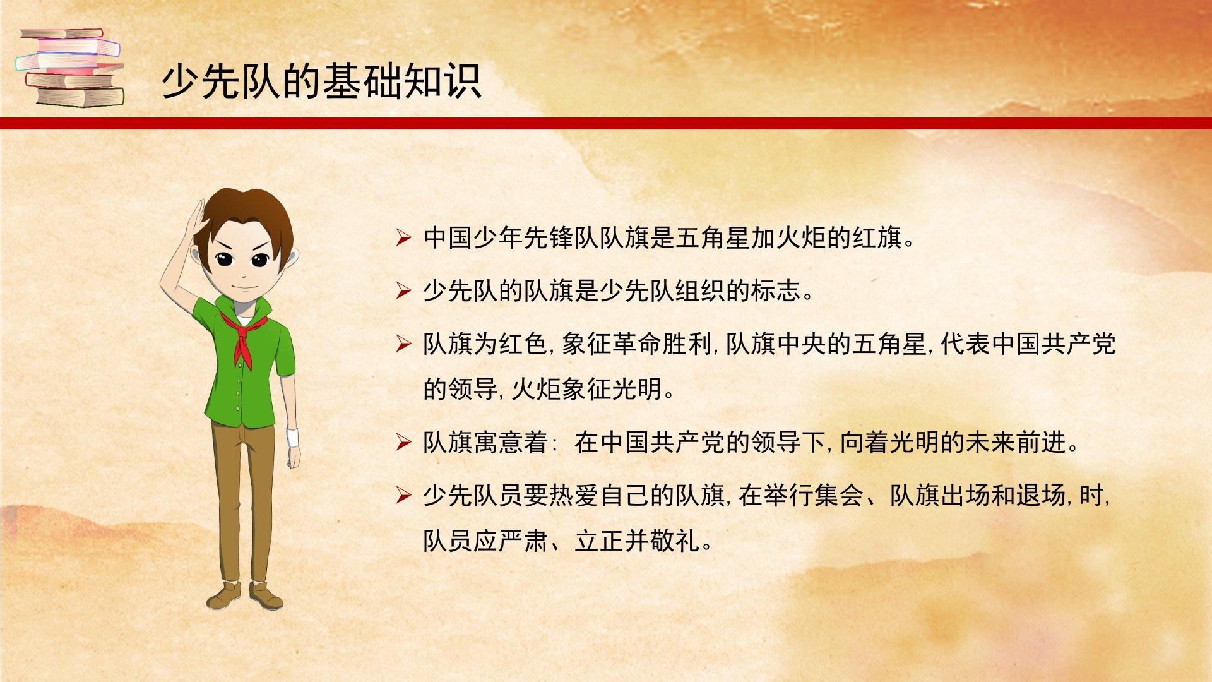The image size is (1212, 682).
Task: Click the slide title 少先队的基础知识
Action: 322,81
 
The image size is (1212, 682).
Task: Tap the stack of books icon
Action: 70,68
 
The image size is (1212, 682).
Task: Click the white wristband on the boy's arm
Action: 292,438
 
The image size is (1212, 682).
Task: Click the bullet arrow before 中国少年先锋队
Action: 403,239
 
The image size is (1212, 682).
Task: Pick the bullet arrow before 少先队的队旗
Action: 403,291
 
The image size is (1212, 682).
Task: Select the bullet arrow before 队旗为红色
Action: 403,344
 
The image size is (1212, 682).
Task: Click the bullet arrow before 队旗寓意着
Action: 403,443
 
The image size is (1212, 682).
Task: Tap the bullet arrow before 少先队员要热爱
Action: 403,496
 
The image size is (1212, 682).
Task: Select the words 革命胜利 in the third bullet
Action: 662,344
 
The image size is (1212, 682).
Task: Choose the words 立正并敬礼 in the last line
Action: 637,541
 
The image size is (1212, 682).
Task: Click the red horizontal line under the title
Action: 606,123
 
